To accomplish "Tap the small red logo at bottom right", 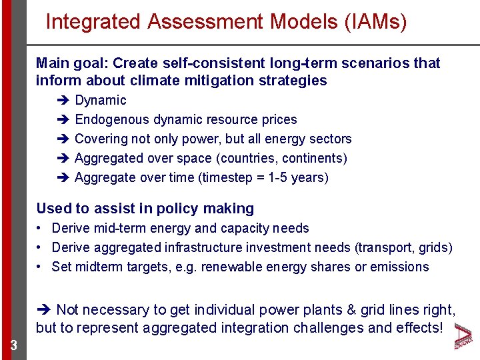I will (464, 337).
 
